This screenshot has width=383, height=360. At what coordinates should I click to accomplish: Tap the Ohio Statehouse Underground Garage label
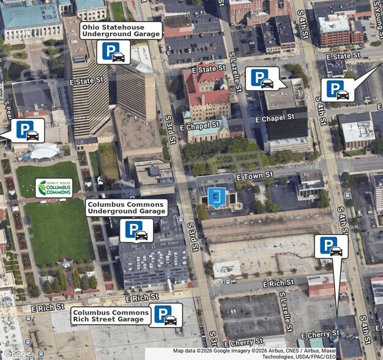(121, 31)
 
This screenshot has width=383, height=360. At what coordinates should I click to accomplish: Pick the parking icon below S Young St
(337, 89)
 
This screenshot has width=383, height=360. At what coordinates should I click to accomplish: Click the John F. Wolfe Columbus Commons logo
(54, 188)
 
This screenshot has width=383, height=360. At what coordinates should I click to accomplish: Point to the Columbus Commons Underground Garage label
(127, 208)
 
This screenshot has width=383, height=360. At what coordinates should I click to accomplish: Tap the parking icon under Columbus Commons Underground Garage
(136, 230)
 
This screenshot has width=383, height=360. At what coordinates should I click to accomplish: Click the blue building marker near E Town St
(216, 197)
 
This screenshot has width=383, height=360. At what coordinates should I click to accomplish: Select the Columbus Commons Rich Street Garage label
(111, 315)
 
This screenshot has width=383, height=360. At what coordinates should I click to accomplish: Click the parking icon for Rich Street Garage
(165, 315)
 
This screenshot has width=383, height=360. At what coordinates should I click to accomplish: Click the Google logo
(17, 353)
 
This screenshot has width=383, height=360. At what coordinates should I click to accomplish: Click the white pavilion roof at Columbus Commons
(45, 151)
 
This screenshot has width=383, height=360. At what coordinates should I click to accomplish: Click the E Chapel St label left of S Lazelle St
(199, 127)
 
